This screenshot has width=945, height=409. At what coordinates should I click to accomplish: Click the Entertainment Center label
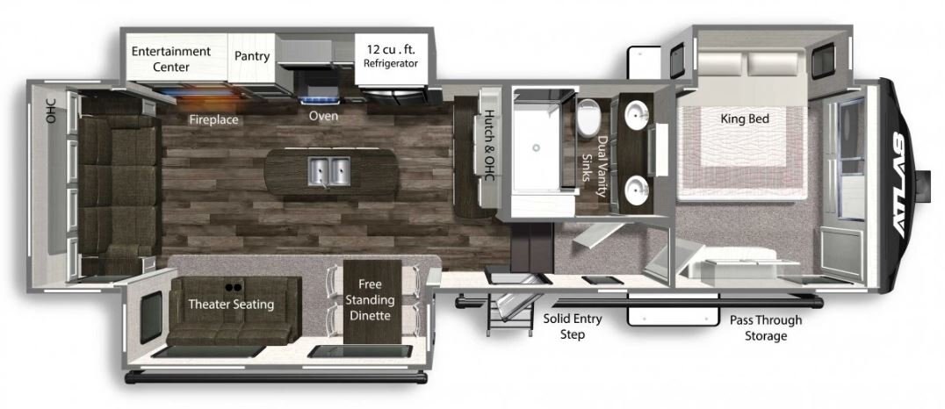tap(171, 59)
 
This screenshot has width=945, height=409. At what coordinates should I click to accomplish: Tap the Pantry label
tap(252, 57)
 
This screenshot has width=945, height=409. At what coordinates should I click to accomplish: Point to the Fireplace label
tap(214, 120)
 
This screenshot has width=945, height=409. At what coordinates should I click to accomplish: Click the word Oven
tap(324, 116)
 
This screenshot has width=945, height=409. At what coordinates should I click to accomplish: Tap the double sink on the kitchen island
tap(329, 170)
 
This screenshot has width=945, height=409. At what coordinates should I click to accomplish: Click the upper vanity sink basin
tap(636, 114)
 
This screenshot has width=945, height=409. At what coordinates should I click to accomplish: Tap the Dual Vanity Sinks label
tap(595, 167)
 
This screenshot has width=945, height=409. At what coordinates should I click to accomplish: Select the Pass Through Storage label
tap(766, 328)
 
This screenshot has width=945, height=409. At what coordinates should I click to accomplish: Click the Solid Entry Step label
tap(572, 326)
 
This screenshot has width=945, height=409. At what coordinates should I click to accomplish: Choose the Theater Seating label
tap(231, 305)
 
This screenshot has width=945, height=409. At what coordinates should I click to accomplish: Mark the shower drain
tap(535, 146)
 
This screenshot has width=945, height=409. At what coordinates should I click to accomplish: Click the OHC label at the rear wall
tap(51, 111)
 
